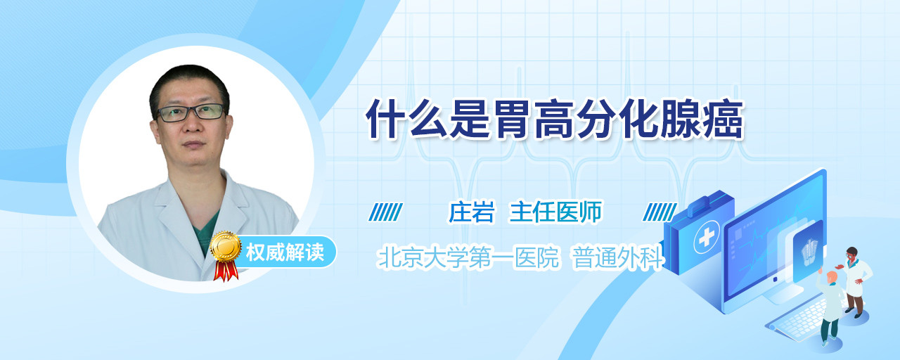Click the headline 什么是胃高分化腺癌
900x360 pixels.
pyautogui.click(x=555, y=120)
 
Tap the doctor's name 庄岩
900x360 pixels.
pyautogui.click(x=471, y=212)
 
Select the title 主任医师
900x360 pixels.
pyautogui.click(x=555, y=212)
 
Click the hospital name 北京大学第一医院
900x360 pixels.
pyautogui.click(x=468, y=257)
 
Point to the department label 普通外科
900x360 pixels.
pyautogui.click(x=617, y=257)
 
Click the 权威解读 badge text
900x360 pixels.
pyautogui.click(x=285, y=252)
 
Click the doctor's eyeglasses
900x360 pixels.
pyautogui.click(x=191, y=112)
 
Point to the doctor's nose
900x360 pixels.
pyautogui.click(x=193, y=124)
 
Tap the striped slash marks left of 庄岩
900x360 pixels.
pyautogui.click(x=385, y=212)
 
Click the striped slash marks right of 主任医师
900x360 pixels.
pyautogui.click(x=660, y=212)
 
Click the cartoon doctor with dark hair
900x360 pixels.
pyautogui.click(x=856, y=281)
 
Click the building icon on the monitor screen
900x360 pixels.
pyautogui.click(x=809, y=251)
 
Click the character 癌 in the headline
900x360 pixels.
pyautogui.click(x=724, y=120)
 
